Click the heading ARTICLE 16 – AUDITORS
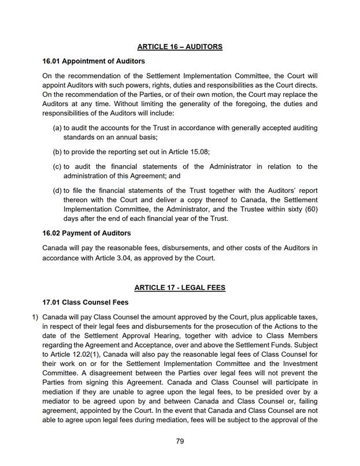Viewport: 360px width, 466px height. pyautogui.click(x=180, y=46)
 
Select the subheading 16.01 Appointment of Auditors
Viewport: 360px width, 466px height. pyautogui.click(x=94, y=61)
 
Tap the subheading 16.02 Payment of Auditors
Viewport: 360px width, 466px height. pyautogui.click(x=87, y=233)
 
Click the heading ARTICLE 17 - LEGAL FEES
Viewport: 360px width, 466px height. pyautogui.click(x=180, y=287)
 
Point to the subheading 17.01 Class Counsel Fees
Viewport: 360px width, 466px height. pyautogui.click(x=86, y=302)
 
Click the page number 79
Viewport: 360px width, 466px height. pyautogui.click(x=180, y=441)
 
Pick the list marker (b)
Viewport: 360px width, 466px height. pyautogui.click(x=57, y=151)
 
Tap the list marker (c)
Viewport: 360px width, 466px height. pyautogui.click(x=57, y=166)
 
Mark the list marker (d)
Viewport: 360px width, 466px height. pyautogui.click(x=57, y=191)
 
